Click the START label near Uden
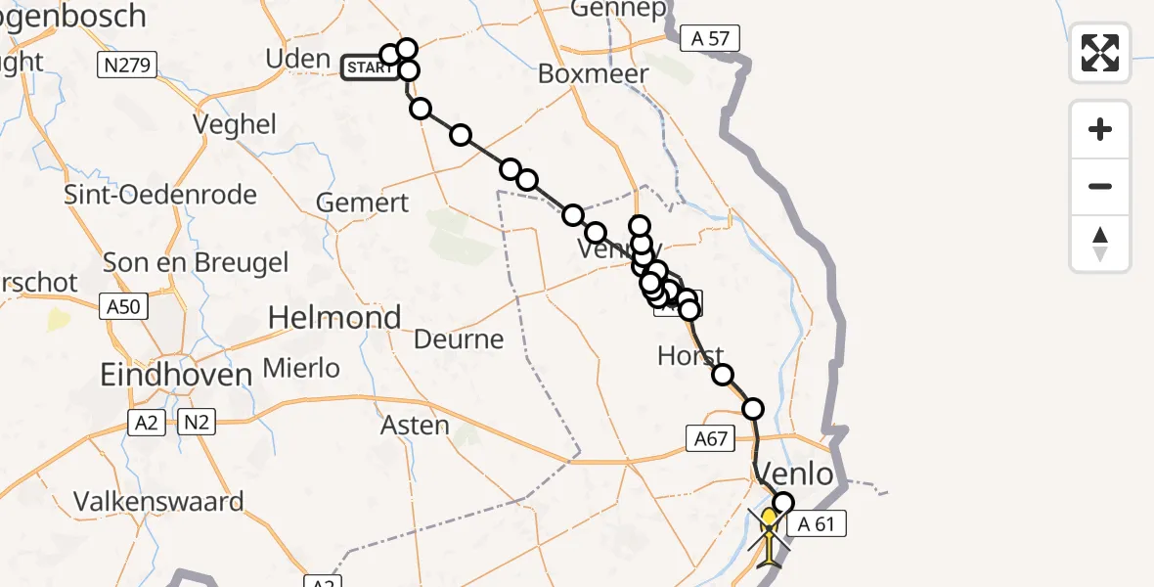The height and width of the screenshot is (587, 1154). click(x=369, y=68)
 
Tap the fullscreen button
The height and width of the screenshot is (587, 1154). click(x=1100, y=53)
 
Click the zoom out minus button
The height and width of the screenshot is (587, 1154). click(x=1100, y=186)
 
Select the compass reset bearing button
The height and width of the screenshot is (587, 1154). click(x=1100, y=244)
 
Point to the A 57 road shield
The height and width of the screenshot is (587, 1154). click(x=710, y=38)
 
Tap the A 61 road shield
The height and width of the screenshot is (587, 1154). click(x=816, y=524)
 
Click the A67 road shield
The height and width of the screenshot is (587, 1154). click(x=710, y=438)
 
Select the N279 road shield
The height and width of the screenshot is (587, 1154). click(x=128, y=66)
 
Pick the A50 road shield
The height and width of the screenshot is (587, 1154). click(x=124, y=307)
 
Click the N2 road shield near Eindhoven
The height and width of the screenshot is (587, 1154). click(x=196, y=423)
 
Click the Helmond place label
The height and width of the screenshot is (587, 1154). click(x=334, y=318)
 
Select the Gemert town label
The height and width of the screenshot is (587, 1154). click(x=363, y=203)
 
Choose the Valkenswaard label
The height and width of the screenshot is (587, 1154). click(x=159, y=502)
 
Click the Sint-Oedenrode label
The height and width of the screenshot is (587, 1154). click(x=160, y=194)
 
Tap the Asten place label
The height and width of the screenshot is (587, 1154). click(x=417, y=426)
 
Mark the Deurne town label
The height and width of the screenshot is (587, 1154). click(x=459, y=339)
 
